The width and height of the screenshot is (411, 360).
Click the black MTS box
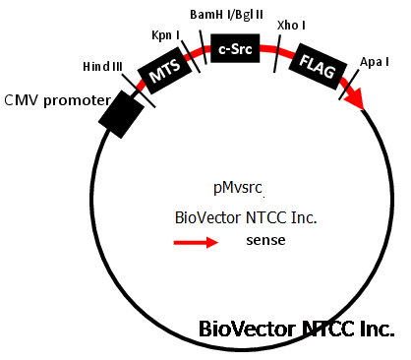click(164, 71)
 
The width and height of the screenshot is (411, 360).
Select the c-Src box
click(235, 48)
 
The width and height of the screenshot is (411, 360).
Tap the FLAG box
click(318, 66)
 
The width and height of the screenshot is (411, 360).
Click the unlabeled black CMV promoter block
click(121, 114)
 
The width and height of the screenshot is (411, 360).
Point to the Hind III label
click(102, 67)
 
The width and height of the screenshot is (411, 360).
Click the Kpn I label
click(166, 35)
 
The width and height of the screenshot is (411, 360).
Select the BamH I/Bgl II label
click(226, 15)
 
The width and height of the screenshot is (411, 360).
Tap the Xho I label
click(291, 26)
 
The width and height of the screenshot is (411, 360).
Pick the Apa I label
click(375, 62)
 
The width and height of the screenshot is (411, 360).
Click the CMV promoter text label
click(58, 100)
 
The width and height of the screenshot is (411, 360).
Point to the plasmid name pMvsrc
click(238, 188)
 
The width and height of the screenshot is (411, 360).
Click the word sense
click(265, 240)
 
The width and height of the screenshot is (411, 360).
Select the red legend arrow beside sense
click(196, 242)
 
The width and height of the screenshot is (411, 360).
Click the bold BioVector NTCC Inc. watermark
click(297, 329)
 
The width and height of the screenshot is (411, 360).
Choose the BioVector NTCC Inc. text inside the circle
click(246, 217)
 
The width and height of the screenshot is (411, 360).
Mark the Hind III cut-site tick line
click(139, 90)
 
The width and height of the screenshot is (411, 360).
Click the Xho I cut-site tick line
click(277, 54)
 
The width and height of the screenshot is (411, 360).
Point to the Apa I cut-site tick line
click(349, 85)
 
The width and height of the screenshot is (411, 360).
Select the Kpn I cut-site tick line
click(191, 56)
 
